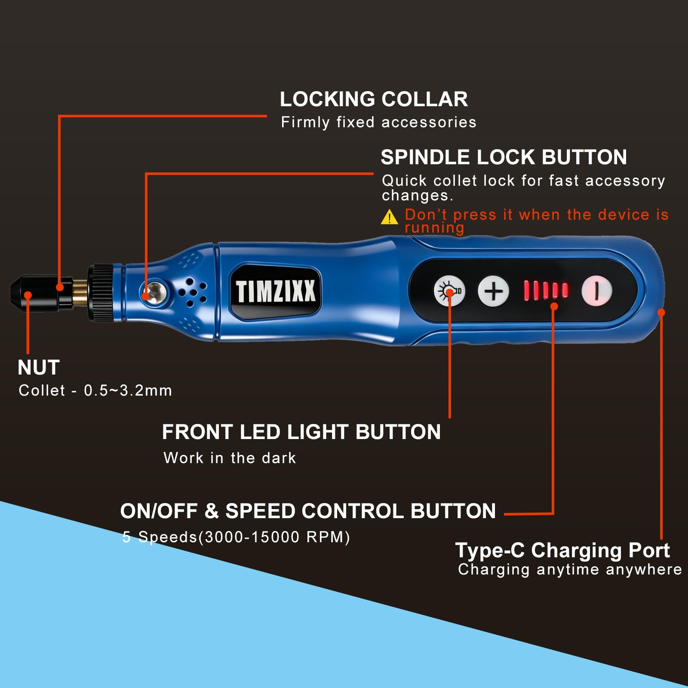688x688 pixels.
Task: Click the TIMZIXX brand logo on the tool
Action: click(276, 291)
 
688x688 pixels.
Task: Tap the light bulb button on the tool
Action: click(449, 291)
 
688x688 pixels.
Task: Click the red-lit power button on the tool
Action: click(596, 291)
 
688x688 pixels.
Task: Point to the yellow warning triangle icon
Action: click(390, 217)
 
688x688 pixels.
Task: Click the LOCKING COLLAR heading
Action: click(374, 99)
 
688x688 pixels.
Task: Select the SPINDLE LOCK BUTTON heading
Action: click(504, 157)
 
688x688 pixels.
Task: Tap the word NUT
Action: click(39, 368)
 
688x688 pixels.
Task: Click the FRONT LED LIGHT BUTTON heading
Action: click(301, 432)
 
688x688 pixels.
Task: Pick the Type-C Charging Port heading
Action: click(562, 551)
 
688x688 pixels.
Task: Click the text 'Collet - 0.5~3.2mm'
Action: click(95, 390)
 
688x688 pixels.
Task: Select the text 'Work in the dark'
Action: click(230, 458)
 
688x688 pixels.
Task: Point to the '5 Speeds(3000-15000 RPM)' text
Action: click(236, 537)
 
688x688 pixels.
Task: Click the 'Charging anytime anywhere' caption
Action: click(570, 570)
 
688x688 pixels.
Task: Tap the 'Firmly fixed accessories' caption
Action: click(378, 123)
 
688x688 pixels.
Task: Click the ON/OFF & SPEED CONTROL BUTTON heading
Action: click(308, 511)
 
